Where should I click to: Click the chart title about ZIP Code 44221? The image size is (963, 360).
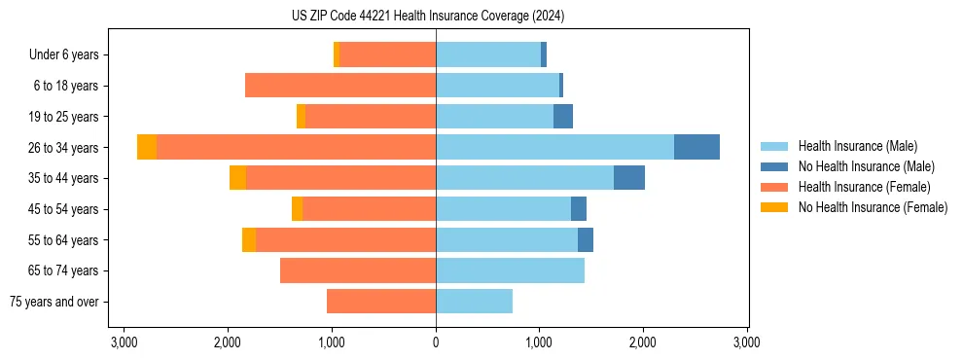[428, 16]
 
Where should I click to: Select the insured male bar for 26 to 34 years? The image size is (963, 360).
[554, 147]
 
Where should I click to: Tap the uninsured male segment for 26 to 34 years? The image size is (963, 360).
[696, 147]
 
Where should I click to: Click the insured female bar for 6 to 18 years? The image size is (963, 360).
[340, 86]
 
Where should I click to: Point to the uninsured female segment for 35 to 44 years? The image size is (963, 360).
[237, 178]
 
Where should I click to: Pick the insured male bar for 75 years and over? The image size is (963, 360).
[474, 302]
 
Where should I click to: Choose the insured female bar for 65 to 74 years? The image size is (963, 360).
[358, 270]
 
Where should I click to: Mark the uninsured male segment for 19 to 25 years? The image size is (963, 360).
[563, 117]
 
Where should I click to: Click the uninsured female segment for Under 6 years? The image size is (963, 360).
[337, 54]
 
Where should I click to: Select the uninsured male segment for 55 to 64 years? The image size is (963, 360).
[586, 239]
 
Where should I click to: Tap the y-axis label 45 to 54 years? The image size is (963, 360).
[63, 209]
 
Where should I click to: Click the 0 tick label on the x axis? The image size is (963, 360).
[436, 342]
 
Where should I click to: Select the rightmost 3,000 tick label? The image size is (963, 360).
[746, 342]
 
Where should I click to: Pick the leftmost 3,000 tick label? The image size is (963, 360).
[125, 342]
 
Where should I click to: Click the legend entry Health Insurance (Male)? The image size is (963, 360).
[857, 146]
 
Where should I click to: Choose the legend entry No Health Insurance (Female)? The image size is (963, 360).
[873, 207]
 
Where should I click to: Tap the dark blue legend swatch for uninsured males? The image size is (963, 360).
[774, 166]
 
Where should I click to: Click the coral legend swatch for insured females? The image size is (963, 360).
[774, 187]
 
